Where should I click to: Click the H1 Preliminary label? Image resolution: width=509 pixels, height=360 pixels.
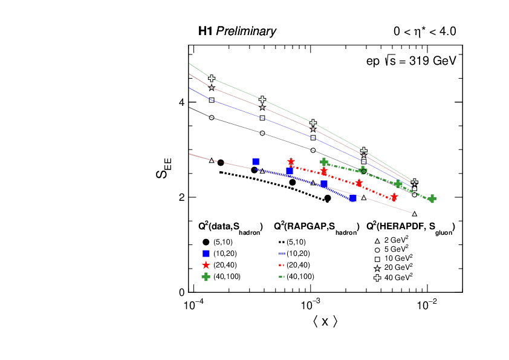click(x=237, y=31)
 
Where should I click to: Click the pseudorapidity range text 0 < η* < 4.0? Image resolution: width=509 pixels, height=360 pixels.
click(x=421, y=31)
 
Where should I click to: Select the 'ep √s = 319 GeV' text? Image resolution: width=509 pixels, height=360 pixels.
click(x=410, y=61)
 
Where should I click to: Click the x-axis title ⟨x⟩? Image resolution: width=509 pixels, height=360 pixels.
click(x=325, y=321)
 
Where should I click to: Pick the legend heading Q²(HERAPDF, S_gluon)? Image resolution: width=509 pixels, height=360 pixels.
click(x=411, y=227)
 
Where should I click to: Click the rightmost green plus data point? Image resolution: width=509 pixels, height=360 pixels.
click(x=432, y=198)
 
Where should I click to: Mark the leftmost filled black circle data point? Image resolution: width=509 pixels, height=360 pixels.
click(x=221, y=163)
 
